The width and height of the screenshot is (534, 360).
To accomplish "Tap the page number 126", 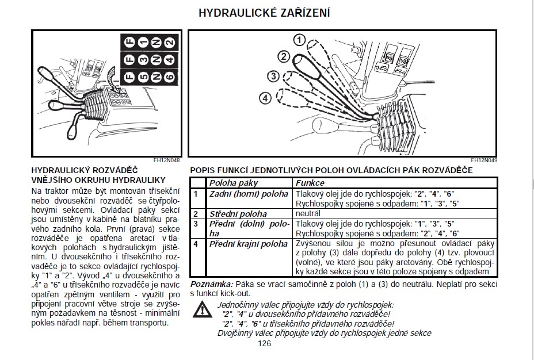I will (x=264, y=344).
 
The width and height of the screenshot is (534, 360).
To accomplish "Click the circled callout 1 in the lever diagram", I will (x=299, y=40).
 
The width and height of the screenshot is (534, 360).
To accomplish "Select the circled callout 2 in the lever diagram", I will (x=283, y=56).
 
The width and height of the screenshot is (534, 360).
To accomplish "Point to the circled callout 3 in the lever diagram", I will (x=273, y=76).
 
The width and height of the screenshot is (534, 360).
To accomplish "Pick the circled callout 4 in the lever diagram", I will (x=265, y=98).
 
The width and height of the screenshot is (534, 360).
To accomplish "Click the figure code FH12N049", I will (x=483, y=160).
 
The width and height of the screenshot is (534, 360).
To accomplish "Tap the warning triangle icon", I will (x=201, y=310).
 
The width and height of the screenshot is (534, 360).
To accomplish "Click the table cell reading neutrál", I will (x=308, y=214).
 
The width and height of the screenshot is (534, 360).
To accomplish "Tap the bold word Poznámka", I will (x=211, y=285).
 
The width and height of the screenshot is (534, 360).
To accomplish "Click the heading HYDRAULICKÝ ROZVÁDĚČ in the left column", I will (x=85, y=171).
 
